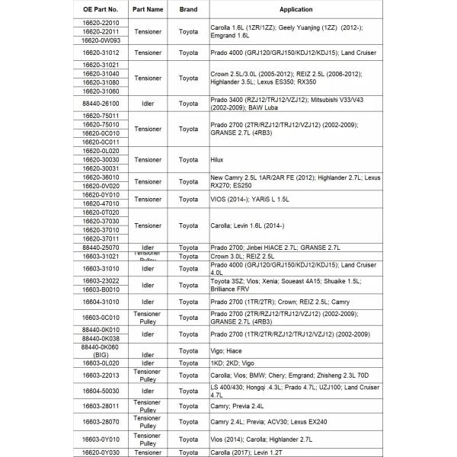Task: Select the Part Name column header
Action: (148, 9)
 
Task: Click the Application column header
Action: (296, 9)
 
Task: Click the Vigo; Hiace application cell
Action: (226, 351)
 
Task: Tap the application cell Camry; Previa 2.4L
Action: (238, 406)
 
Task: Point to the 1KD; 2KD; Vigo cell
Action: (233, 363)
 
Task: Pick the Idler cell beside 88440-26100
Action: (148, 101)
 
